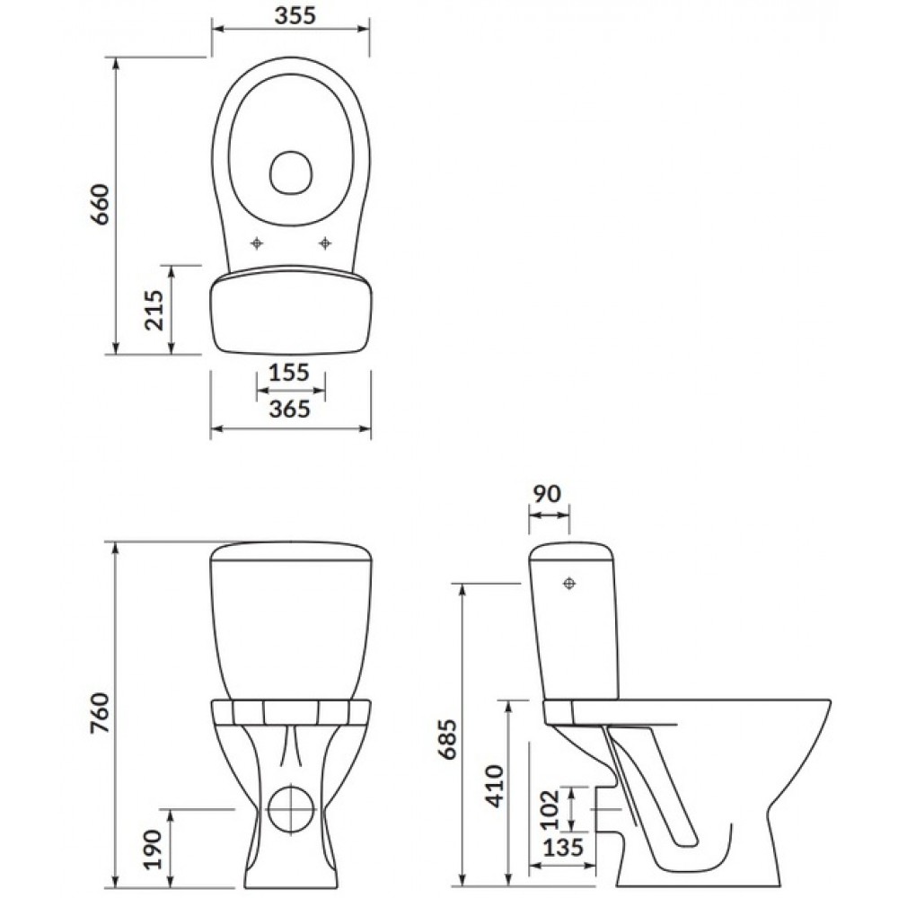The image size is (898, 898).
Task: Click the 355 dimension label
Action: [x=295, y=15]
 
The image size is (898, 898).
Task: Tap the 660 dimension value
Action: [x=101, y=205]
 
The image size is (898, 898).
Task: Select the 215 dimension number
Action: [x=154, y=310]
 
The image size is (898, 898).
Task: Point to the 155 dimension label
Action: [x=289, y=373]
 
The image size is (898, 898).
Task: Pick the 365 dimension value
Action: [x=290, y=409]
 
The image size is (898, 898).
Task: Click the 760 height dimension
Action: [x=101, y=713]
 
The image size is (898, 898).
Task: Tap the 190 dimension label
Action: [x=154, y=850]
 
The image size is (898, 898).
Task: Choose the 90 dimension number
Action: [x=547, y=494]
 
